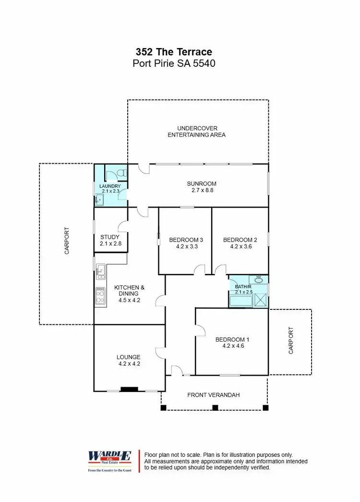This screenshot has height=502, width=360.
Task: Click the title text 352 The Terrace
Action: click(x=173, y=52)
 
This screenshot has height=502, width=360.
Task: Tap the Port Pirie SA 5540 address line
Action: click(x=173, y=63)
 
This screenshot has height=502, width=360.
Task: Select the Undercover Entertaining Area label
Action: click(x=197, y=132)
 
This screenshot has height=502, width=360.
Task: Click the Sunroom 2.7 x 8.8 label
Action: click(x=201, y=187)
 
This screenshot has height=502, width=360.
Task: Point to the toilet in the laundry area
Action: click(x=121, y=172)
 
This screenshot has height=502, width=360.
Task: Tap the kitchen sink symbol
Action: click(x=100, y=271)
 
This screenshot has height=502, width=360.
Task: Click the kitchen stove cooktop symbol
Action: click(x=101, y=295)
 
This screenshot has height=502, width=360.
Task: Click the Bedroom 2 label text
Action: click(x=237, y=240)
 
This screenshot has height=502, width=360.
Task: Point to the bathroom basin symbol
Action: click(x=258, y=280)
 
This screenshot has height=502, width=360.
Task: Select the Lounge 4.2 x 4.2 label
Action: click(x=129, y=360)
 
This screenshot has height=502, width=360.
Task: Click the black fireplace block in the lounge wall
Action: click(x=129, y=390)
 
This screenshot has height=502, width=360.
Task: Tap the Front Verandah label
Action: click(x=213, y=395)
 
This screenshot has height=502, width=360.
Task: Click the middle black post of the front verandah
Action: click(x=215, y=408)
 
